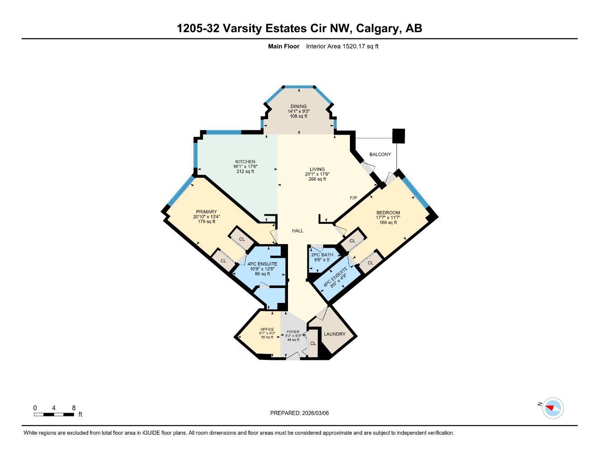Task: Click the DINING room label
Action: [298, 107]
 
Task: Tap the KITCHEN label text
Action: [245, 162]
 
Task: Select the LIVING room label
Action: [317, 170]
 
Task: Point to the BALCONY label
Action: [380, 155]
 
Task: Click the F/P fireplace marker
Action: [354, 198]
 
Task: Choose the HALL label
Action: [297, 231]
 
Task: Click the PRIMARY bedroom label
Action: [206, 212]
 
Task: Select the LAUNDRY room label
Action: [335, 334]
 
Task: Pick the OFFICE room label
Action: [267, 329]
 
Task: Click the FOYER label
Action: [293, 332]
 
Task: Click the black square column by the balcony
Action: [398, 136]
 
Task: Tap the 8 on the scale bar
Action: [74, 408]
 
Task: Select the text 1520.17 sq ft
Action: [360, 46]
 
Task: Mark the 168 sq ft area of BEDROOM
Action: [388, 222]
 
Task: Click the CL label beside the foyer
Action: [312, 344]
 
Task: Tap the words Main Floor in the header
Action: [283, 46]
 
